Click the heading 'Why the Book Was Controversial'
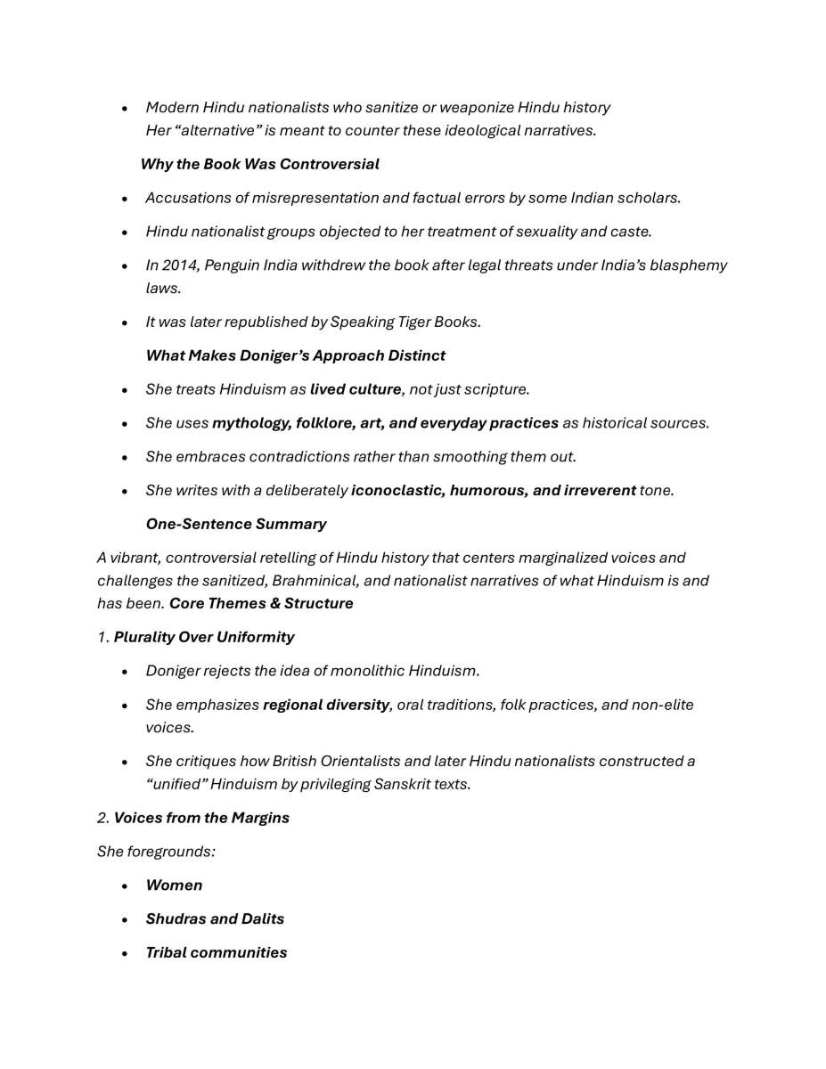point(259,164)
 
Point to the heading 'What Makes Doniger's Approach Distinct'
point(295,355)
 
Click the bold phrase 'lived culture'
point(355,389)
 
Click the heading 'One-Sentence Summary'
point(235,524)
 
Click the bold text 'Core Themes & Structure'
point(261,604)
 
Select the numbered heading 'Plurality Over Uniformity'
point(203,637)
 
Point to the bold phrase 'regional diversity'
point(325,705)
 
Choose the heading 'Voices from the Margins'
point(201,818)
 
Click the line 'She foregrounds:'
point(156,852)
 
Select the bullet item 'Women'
point(174,885)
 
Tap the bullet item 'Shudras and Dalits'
point(215,919)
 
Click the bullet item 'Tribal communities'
point(216,953)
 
